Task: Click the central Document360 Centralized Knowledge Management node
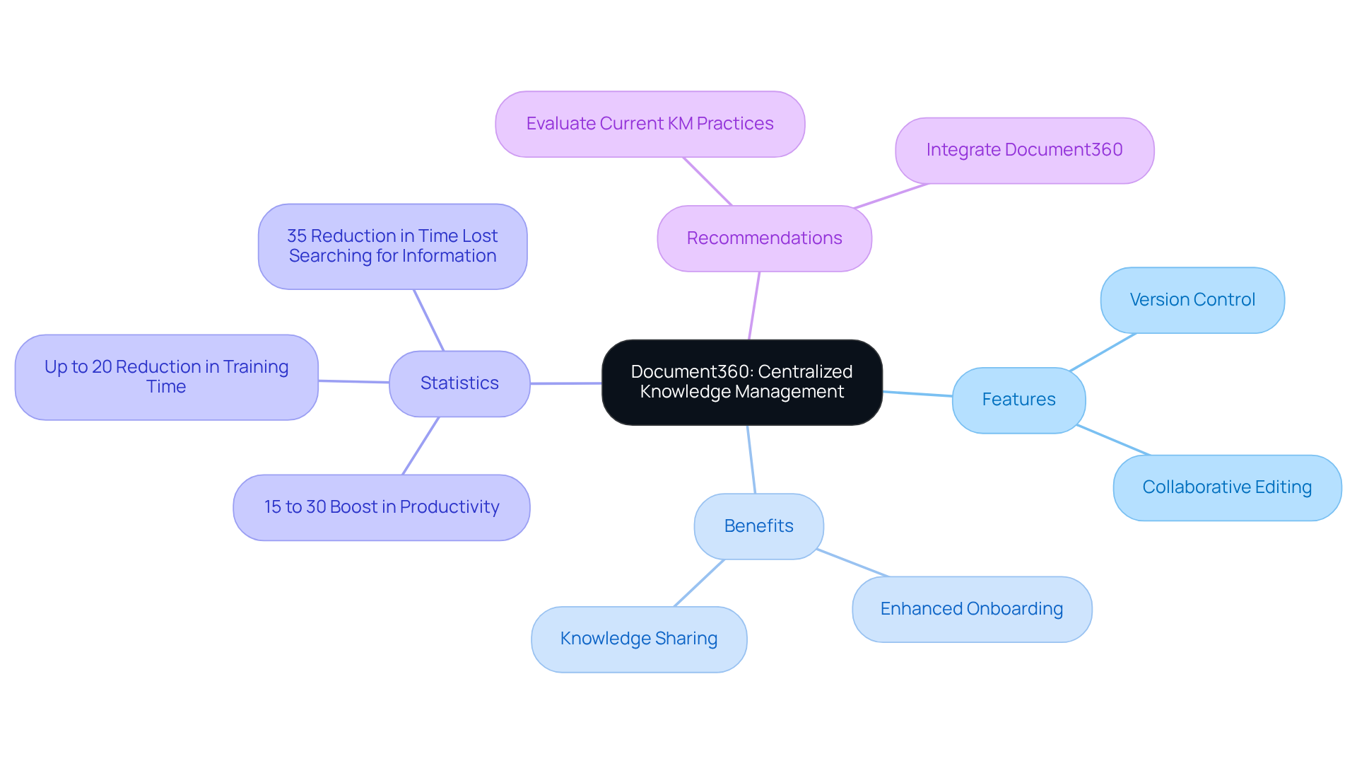pyautogui.click(x=741, y=382)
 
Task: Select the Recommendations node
pyautogui.click(x=764, y=238)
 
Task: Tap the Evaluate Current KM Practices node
pyautogui.click(x=650, y=124)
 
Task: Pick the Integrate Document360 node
pyautogui.click(x=1024, y=150)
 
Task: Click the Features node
pyautogui.click(x=1018, y=400)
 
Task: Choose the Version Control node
pyautogui.click(x=1192, y=300)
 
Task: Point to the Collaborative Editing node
pyautogui.click(x=1226, y=487)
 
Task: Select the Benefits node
pyautogui.click(x=758, y=526)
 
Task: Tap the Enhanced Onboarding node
pyautogui.click(x=971, y=609)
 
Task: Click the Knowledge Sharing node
pyautogui.click(x=638, y=639)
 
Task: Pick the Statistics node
pyautogui.click(x=459, y=383)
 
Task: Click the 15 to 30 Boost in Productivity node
pyautogui.click(x=381, y=507)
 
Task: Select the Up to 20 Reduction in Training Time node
pyautogui.click(x=166, y=377)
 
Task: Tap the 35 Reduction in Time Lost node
pyautogui.click(x=392, y=246)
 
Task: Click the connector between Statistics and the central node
pyautogui.click(x=565, y=383)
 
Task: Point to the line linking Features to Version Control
pyautogui.click(x=1103, y=352)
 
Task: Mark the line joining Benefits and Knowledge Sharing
pyautogui.click(x=699, y=583)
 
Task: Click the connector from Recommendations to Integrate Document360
pyautogui.click(x=891, y=196)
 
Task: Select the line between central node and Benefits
pyautogui.click(x=751, y=459)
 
